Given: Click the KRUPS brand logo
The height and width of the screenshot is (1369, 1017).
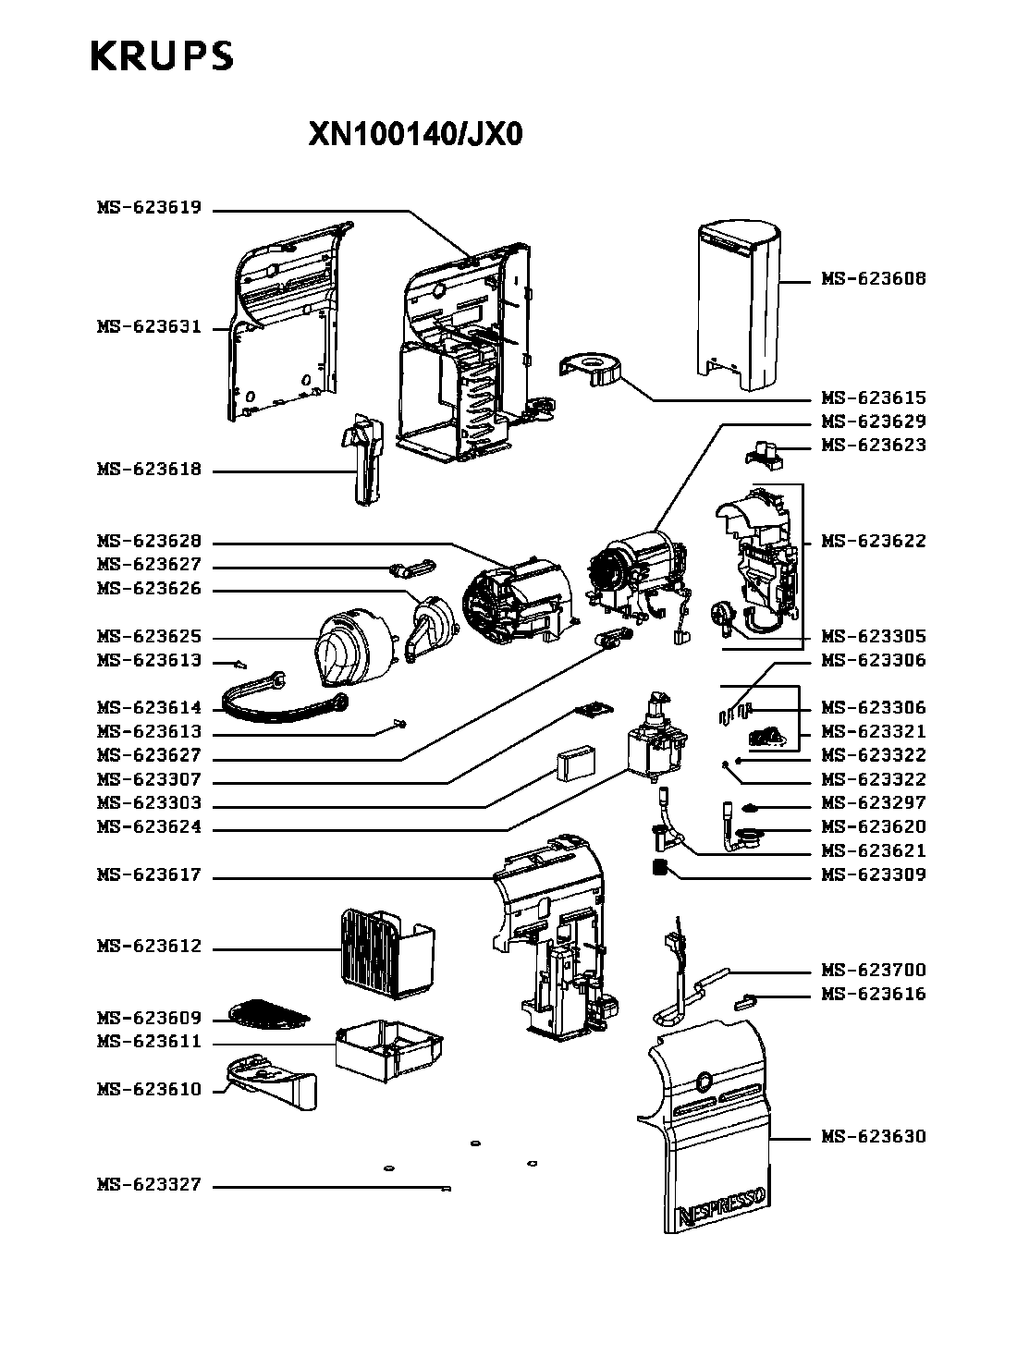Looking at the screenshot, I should tap(162, 57).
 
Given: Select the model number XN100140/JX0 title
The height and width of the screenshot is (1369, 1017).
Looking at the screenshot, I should tap(415, 136).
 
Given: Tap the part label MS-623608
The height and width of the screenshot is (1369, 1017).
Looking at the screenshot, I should tap(873, 279).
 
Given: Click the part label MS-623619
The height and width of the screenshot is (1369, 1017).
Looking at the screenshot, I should tap(149, 208).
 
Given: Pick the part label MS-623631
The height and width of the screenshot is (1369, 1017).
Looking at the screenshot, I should tap(149, 327).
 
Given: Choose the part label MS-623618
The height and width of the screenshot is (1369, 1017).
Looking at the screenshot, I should tap(149, 470).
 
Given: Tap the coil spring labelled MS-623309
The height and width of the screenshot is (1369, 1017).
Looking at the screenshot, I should tap(660, 869).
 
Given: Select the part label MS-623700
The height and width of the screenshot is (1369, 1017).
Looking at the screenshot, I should tap(873, 971).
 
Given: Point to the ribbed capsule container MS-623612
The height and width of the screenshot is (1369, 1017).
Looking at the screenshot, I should tap(386, 953).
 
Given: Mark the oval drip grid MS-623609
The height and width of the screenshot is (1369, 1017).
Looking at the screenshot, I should tap(268, 1013).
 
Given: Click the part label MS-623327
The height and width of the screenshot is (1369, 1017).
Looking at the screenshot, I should tap(149, 1185).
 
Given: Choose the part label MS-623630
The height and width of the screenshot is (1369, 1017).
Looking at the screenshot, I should tap(873, 1137).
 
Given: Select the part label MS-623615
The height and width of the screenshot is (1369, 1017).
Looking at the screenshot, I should tap(873, 398).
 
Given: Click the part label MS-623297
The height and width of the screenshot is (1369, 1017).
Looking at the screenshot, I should tap(873, 803).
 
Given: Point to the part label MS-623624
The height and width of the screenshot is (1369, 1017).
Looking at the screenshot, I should tap(149, 827).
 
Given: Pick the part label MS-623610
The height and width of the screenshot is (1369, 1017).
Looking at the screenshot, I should tap(149, 1090).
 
